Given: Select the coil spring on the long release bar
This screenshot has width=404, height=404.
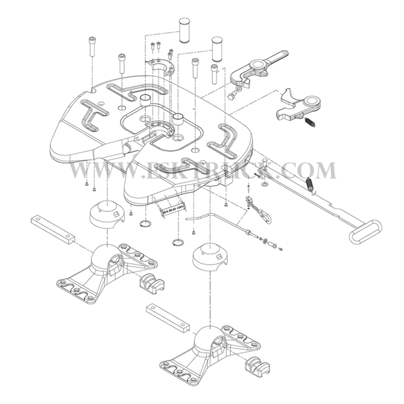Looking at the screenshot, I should (311, 184).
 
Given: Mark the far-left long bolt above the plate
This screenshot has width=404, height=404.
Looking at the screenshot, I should (91, 48).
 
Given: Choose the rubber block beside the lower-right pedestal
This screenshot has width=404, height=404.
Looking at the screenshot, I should (259, 366).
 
